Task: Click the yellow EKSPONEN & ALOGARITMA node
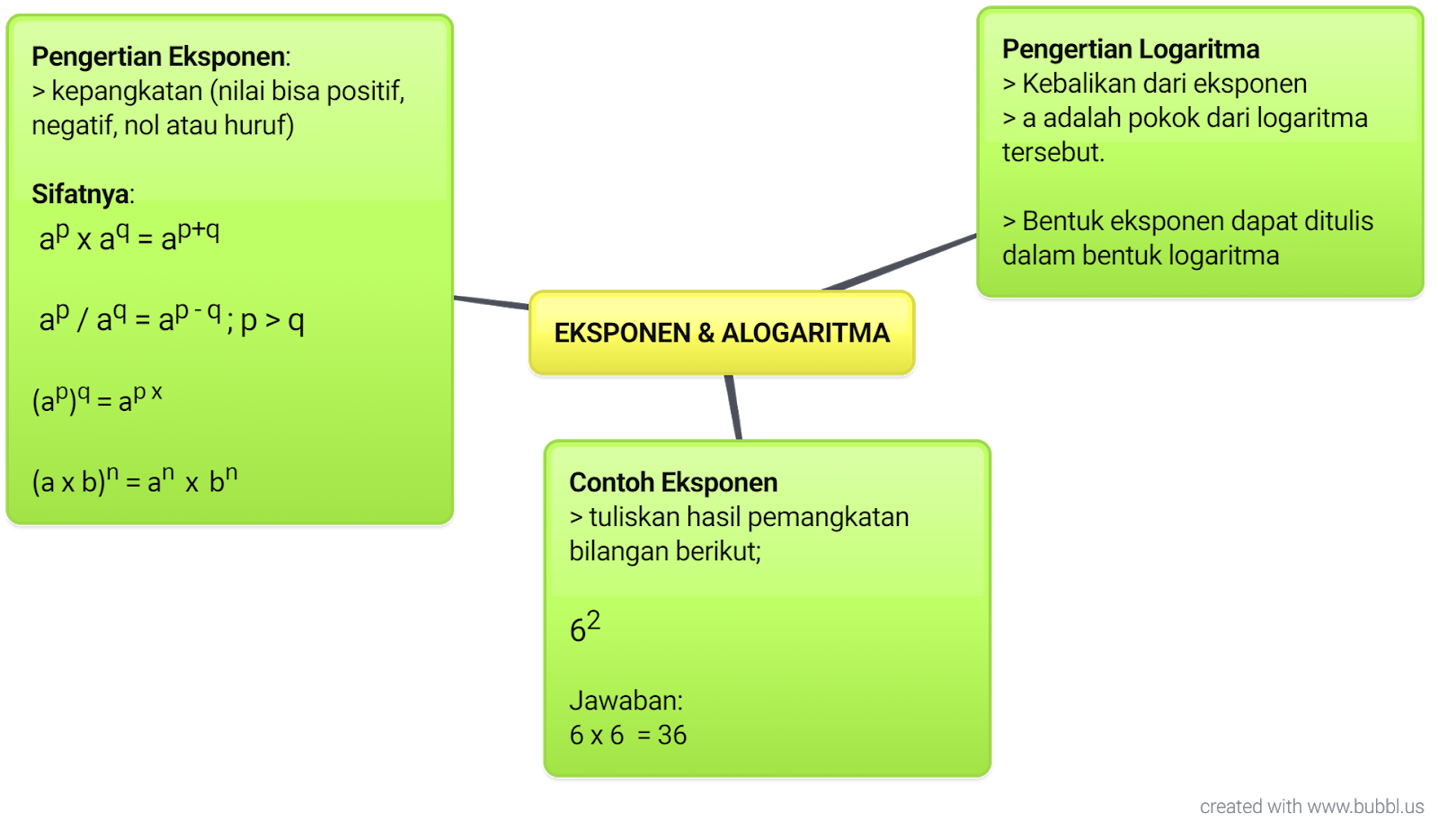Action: tap(722, 332)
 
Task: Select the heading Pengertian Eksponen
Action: tap(159, 57)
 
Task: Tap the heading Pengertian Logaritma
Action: tap(1131, 49)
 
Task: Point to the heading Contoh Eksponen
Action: tap(673, 483)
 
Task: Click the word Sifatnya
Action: tap(80, 194)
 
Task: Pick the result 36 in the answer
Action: tap(672, 736)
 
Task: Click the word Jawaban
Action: tap(625, 701)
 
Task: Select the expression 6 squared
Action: tap(584, 627)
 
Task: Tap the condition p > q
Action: tap(272, 321)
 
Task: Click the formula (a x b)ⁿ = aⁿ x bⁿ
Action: tap(135, 480)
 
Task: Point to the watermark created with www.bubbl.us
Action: tap(1311, 806)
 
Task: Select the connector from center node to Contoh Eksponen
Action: tap(733, 407)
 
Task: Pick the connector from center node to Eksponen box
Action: tap(492, 302)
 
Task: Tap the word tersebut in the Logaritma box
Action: tap(1052, 152)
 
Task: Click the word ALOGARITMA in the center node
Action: tap(805, 333)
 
